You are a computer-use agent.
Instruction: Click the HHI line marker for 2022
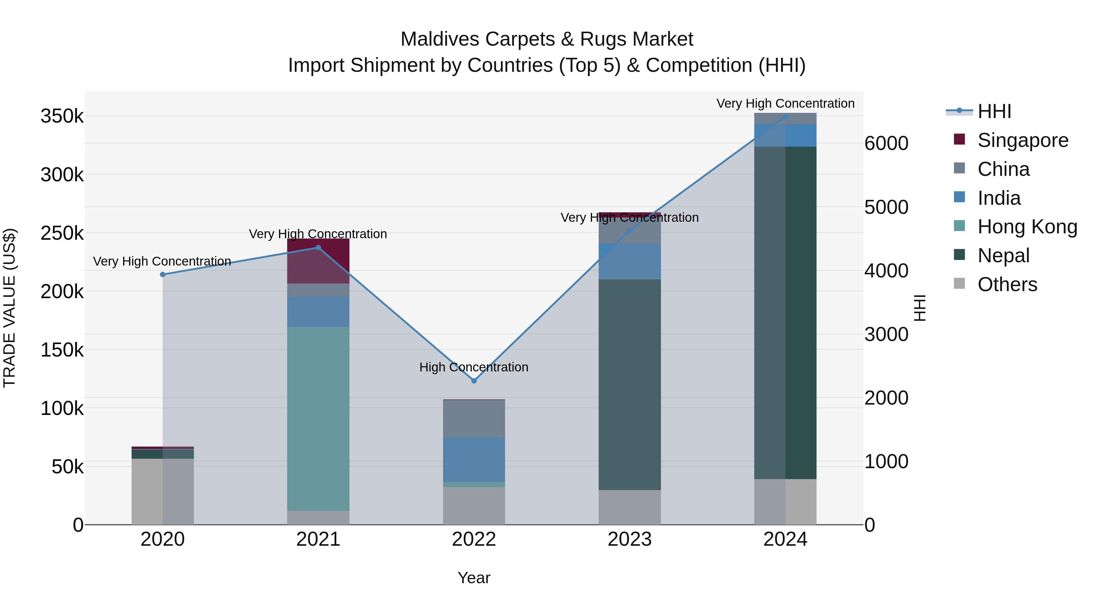[474, 381]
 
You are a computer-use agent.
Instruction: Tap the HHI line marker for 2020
[163, 274]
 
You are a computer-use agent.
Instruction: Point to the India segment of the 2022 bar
[474, 459]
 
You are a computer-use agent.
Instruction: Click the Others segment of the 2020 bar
[163, 491]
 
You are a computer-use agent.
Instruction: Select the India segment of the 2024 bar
[785, 135]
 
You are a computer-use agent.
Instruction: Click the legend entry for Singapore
[1022, 140]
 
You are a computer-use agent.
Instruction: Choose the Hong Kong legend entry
[1027, 227]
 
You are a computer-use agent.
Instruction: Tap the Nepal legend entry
[1003, 256]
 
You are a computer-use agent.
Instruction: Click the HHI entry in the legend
[994, 111]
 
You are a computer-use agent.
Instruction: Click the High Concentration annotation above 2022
[474, 367]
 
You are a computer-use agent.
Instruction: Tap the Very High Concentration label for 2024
[785, 103]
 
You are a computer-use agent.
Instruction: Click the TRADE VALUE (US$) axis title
[9, 308]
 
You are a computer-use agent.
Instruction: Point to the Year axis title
[474, 578]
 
